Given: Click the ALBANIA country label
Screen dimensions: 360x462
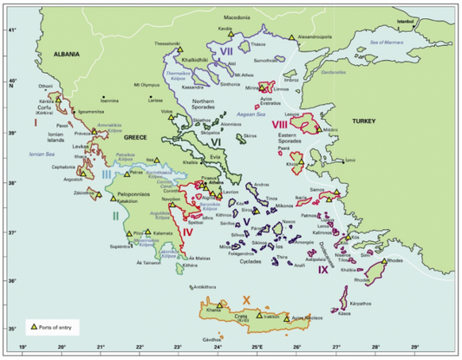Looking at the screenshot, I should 65,53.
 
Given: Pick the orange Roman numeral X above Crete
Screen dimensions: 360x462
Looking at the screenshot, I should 247,299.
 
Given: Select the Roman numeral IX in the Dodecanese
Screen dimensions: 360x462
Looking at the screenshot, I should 322,270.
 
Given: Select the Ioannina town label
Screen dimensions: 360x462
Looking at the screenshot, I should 109,101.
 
